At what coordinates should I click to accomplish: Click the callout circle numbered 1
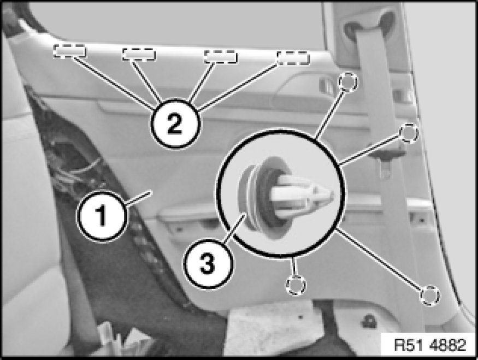pos(102,216)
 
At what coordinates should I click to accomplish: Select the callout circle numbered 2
pos(175,124)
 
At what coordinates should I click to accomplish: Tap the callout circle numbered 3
pos(208,264)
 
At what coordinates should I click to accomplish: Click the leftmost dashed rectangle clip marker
pos(69,51)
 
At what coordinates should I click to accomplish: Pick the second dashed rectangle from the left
pos(139,54)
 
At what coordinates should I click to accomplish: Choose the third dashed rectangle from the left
pos(221,57)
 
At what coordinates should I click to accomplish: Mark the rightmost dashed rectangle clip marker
pos(293,58)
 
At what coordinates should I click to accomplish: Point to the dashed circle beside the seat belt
pos(409,133)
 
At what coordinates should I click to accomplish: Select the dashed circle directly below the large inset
pos(296,285)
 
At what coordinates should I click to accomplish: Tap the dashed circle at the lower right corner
pos(430,295)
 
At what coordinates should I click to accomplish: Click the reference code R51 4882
pos(430,345)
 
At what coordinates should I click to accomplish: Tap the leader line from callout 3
pos(234,228)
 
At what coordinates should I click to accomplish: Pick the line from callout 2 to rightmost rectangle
pos(238,86)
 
